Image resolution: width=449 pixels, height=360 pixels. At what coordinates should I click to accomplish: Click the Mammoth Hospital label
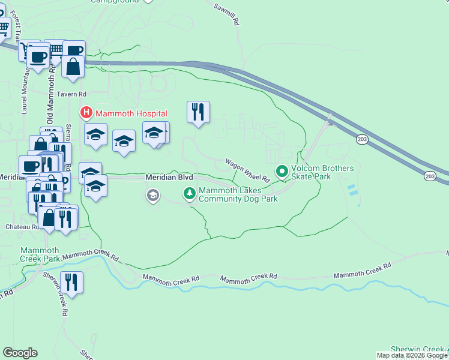tap(129, 112)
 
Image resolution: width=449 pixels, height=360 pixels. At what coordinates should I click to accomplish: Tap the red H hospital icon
tap(86, 112)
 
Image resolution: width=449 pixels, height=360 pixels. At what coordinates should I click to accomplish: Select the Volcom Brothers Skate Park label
tap(322, 173)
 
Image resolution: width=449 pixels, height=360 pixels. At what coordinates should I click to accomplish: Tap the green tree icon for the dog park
tap(189, 193)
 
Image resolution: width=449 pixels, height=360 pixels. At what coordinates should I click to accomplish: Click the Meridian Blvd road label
tap(169, 178)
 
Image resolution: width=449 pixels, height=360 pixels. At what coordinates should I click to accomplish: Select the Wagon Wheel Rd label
tap(247, 170)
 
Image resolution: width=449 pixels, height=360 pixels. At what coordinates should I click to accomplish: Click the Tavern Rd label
tap(73, 94)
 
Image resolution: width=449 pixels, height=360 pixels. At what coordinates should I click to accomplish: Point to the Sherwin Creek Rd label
tap(62, 296)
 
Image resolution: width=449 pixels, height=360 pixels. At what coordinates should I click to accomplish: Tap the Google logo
tap(20, 353)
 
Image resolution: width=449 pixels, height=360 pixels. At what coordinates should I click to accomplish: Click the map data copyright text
tap(412, 355)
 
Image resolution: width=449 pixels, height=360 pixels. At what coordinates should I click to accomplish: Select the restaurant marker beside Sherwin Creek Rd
tap(72, 283)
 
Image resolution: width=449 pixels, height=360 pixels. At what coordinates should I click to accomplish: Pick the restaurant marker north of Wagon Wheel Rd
tap(198, 112)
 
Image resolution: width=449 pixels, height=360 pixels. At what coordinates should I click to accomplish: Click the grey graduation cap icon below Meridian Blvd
tap(153, 195)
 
